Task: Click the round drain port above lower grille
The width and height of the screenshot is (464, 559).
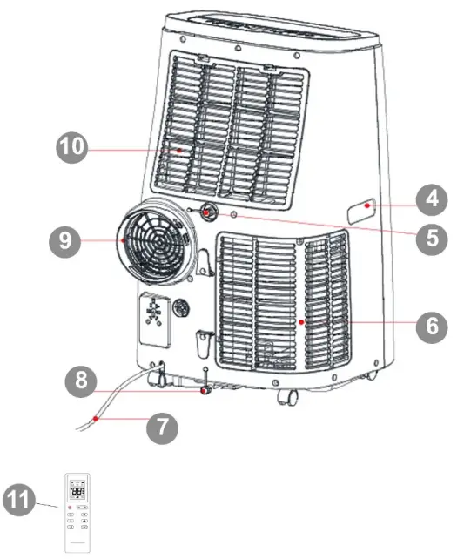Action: pyautogui.click(x=210, y=212)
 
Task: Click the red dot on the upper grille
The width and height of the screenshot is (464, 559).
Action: pyautogui.click(x=179, y=150)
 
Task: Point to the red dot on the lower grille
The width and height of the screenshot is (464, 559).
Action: pyautogui.click(x=302, y=321)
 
